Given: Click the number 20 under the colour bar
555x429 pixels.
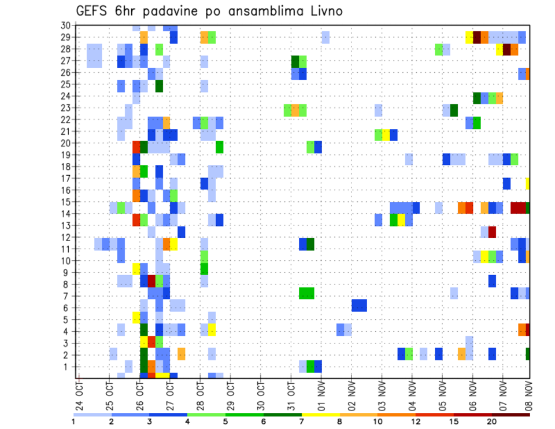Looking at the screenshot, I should tap(492, 421).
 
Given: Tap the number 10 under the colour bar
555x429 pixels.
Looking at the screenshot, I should tap(379, 421).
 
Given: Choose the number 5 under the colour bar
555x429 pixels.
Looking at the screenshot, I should tap(225, 421).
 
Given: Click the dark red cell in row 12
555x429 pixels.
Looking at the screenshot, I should tap(492, 232).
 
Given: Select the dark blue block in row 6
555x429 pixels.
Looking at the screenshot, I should tap(359, 305).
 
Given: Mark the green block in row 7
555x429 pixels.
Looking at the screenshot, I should tap(306, 293).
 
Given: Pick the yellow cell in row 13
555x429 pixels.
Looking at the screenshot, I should tap(401, 220).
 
